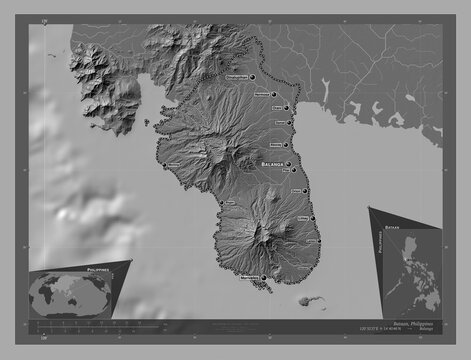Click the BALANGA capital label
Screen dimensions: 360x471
point(271,161)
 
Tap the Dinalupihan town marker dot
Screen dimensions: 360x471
point(255,75)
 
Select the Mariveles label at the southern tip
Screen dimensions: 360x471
point(250,277)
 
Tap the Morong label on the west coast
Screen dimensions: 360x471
point(174,163)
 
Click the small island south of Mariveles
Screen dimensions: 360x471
point(309,299)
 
